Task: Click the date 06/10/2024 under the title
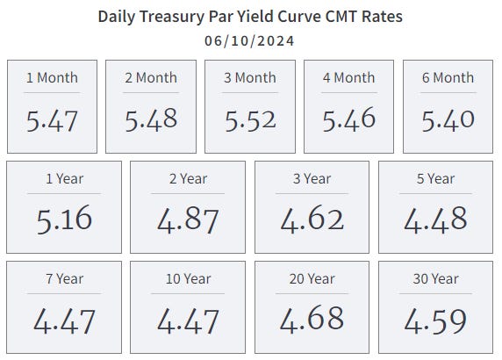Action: pos(250,40)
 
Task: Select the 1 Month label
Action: pos(52,77)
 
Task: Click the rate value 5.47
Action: pos(52,120)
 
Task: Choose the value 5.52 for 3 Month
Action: pos(250,120)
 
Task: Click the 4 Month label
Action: pos(349,77)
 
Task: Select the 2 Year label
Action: pos(189,179)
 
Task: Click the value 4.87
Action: pos(189,219)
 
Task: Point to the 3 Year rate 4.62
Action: pos(312,219)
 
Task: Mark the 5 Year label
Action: pos(436,179)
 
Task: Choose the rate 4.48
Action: pos(436,219)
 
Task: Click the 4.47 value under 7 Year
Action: pos(64,320)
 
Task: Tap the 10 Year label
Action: pos(189,279)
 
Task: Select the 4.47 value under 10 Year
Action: pos(189,320)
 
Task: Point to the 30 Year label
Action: pos(436,279)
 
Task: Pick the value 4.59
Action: pos(436,320)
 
